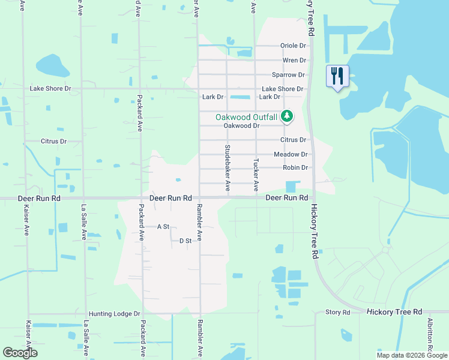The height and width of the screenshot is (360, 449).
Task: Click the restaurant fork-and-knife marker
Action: pyautogui.click(x=337, y=76)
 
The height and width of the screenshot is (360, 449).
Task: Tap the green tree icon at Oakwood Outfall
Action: pyautogui.click(x=287, y=116)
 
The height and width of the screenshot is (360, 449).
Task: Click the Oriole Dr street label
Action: pyautogui.click(x=293, y=46)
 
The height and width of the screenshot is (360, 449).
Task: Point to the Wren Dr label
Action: pyautogui.click(x=294, y=61)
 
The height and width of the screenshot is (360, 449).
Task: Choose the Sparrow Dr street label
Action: pyautogui.click(x=288, y=75)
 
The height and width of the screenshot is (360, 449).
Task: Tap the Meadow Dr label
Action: pyautogui.click(x=291, y=154)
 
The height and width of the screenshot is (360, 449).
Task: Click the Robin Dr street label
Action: pyautogui.click(x=295, y=168)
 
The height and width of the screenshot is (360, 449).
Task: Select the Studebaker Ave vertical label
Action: pyautogui.click(x=228, y=168)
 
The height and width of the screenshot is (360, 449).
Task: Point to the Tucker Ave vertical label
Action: pyautogui.click(x=256, y=175)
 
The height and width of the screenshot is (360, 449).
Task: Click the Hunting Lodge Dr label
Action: pyautogui.click(x=114, y=314)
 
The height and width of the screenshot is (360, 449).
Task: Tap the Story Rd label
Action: pyautogui.click(x=337, y=313)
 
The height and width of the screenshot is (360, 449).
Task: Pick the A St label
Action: pyautogui.click(x=163, y=227)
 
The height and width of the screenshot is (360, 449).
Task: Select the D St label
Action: pyautogui.click(x=185, y=241)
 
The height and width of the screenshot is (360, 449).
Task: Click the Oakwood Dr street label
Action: pyautogui.click(x=241, y=126)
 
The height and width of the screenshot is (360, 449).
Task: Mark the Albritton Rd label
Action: pyautogui.click(x=430, y=336)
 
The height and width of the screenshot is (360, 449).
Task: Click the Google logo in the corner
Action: pyautogui.click(x=20, y=353)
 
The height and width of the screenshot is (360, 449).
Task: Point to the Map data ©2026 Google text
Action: pyautogui.click(x=411, y=355)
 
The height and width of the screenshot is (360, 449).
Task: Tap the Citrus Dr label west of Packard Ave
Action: pyautogui.click(x=53, y=142)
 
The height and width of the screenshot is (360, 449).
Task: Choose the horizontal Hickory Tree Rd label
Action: pyautogui.click(x=394, y=312)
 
